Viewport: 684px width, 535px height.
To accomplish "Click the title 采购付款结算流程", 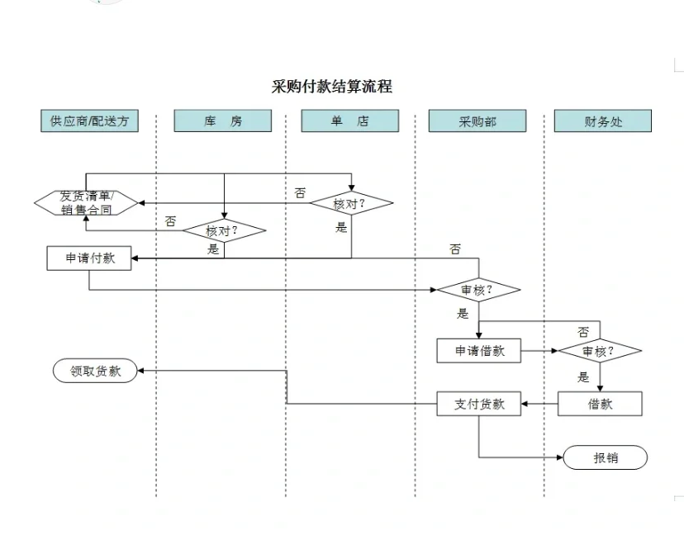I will pyautogui.click(x=332, y=87).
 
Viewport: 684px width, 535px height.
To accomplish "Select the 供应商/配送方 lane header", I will pyautogui.click(x=90, y=121).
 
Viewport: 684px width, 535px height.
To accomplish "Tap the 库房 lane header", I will pyautogui.click(x=223, y=121).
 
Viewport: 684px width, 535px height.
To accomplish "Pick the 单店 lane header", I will pyautogui.click(x=350, y=121).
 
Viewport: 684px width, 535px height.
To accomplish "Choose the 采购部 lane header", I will pyautogui.click(x=477, y=121).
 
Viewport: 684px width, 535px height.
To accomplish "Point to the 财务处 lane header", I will pyautogui.click(x=603, y=121).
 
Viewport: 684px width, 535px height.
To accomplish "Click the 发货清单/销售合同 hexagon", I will pyautogui.click(x=87, y=202).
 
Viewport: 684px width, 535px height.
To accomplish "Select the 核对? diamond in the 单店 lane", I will pyautogui.click(x=351, y=203).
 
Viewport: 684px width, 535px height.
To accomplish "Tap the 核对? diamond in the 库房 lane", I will pyautogui.click(x=224, y=230).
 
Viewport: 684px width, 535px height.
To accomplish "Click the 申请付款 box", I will pyautogui.click(x=89, y=258).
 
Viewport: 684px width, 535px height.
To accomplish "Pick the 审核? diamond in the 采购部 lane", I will pyautogui.click(x=478, y=290).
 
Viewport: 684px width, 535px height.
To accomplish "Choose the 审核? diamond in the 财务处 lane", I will pyautogui.click(x=600, y=351).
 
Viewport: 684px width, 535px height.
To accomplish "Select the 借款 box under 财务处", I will pyautogui.click(x=600, y=404).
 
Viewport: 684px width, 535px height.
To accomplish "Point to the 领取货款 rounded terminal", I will pyautogui.click(x=95, y=371).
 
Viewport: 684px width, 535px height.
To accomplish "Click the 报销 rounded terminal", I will pyautogui.click(x=606, y=457).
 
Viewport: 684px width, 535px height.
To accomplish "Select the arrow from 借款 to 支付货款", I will pyautogui.click(x=540, y=404).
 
